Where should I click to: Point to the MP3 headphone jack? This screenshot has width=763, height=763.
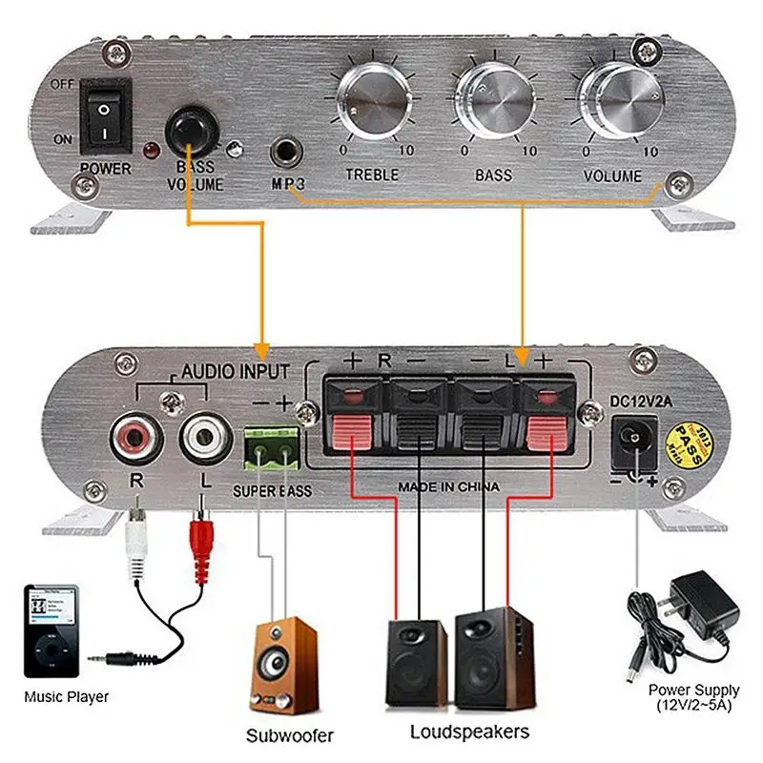tap(286, 151)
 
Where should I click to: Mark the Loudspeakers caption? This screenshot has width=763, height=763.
tap(469, 732)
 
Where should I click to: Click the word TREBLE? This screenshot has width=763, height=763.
tap(371, 175)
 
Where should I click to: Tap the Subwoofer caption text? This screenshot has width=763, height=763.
tap(290, 735)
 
